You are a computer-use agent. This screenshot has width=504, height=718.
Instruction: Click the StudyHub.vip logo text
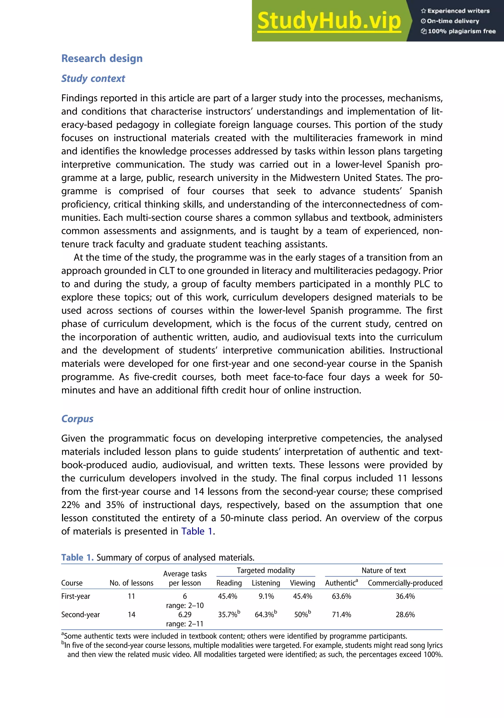tap(329, 21)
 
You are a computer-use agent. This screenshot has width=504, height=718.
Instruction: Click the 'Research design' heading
tap(102, 59)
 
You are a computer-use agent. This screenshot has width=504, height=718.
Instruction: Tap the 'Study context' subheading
tap(93, 78)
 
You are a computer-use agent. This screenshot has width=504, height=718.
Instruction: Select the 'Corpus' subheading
tap(77, 419)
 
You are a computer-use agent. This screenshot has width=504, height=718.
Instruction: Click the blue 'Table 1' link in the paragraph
tap(197, 531)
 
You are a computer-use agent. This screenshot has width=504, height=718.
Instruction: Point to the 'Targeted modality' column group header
tap(266, 570)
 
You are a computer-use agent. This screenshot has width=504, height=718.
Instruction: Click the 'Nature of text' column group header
tap(384, 570)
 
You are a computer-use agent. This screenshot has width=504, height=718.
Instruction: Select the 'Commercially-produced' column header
tap(405, 583)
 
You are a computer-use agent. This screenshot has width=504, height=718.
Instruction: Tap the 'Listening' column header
tap(266, 583)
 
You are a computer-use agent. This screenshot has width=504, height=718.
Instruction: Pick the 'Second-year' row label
tap(80, 614)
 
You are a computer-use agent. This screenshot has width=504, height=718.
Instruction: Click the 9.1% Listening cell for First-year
tap(266, 596)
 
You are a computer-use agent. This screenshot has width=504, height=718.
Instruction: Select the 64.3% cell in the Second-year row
tap(265, 614)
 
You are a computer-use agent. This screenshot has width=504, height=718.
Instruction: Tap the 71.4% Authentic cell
tap(341, 614)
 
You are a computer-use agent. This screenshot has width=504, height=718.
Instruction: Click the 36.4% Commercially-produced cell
tap(405, 596)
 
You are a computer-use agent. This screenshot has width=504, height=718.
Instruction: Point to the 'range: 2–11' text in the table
tap(185, 624)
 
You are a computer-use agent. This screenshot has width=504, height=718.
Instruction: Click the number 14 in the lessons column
tap(131, 614)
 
